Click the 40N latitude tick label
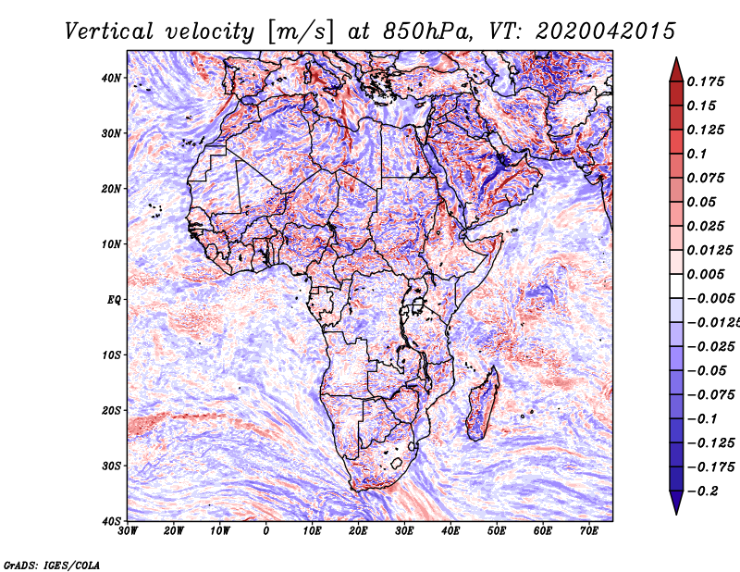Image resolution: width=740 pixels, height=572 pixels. [x=111, y=78]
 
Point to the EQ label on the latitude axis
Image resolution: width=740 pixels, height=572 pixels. [x=114, y=300]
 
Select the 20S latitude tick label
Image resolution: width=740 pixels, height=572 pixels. [x=111, y=410]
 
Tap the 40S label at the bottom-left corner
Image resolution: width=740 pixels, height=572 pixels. [x=111, y=521]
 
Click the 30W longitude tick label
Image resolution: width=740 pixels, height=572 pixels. [x=128, y=531]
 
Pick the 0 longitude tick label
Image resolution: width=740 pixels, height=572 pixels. [x=266, y=531]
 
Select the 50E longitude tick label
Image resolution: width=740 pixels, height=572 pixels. [x=497, y=531]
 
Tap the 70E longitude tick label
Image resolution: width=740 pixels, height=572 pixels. [x=589, y=531]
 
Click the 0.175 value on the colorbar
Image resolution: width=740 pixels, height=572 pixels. [x=706, y=81]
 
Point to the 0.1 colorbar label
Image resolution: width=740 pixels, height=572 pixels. [x=697, y=154]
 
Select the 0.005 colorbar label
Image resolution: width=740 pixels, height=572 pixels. [x=706, y=274]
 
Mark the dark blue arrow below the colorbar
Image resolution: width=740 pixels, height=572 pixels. [x=676, y=503]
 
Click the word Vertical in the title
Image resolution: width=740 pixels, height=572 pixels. [x=109, y=31]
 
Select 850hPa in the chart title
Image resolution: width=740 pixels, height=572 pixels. [x=427, y=31]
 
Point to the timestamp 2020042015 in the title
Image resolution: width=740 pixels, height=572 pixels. [x=606, y=31]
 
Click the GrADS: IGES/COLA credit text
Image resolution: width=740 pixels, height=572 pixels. [x=52, y=565]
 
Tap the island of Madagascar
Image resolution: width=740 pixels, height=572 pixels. [x=482, y=404]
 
